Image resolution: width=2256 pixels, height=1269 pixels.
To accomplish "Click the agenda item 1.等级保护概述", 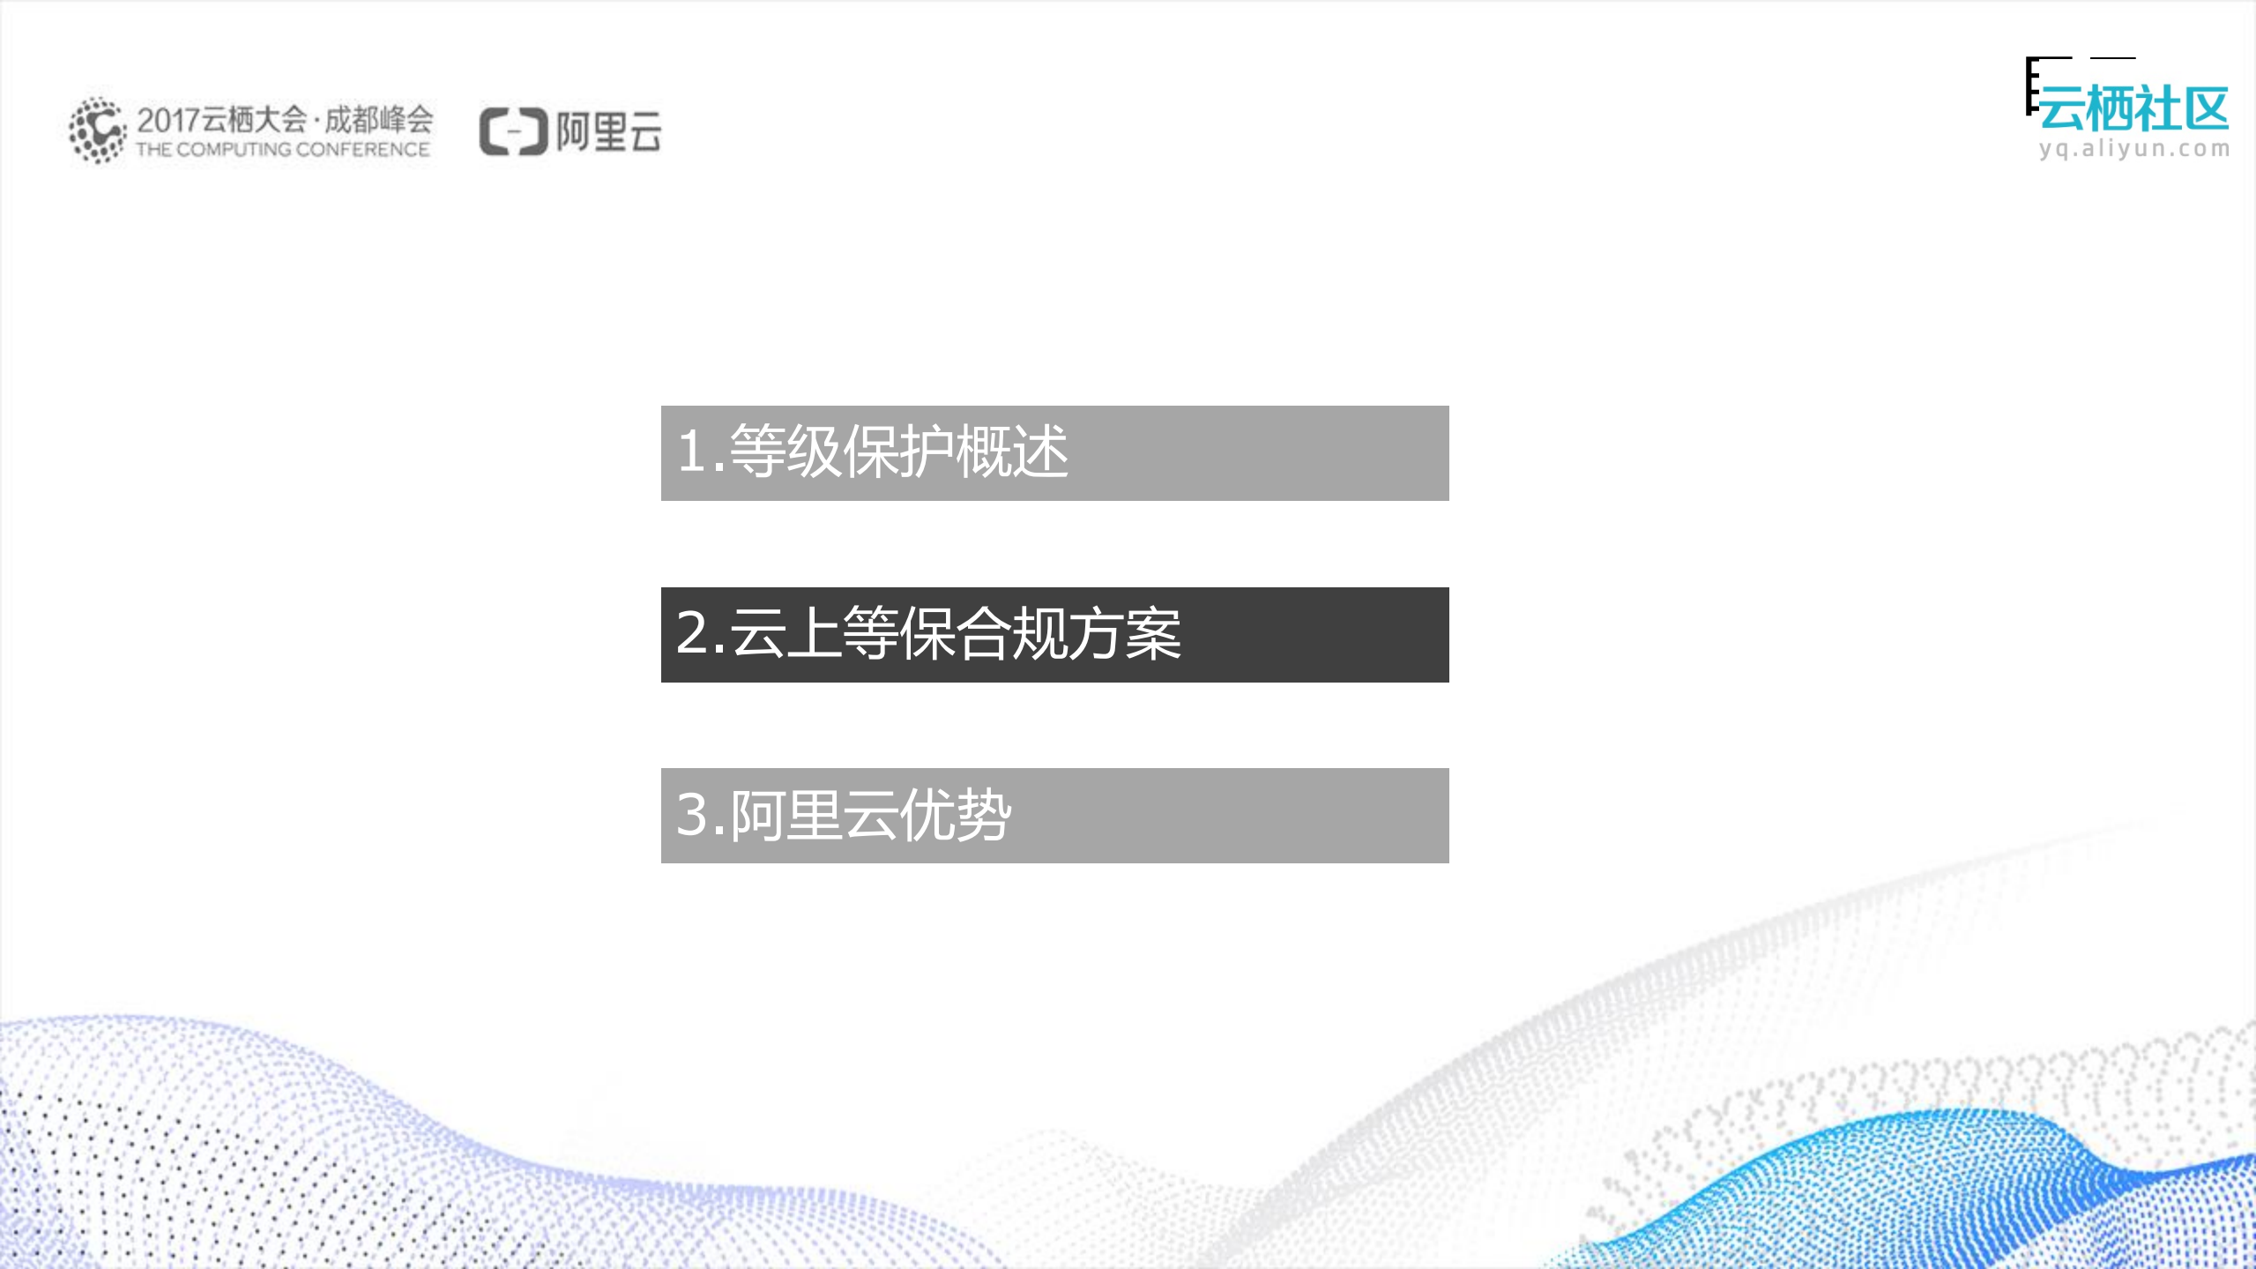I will (1054, 452).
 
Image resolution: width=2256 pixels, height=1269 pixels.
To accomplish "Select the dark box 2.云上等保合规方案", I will (1054, 634).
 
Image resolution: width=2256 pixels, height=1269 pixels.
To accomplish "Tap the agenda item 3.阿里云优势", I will (1054, 815).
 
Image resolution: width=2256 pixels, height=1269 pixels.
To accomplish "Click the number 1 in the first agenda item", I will (693, 451).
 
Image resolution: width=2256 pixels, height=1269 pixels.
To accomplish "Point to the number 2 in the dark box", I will (694, 632).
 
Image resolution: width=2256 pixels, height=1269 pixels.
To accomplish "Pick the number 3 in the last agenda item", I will (694, 814).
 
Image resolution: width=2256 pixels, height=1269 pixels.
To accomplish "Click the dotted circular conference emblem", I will (97, 131).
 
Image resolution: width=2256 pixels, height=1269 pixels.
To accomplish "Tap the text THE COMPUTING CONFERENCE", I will (282, 150).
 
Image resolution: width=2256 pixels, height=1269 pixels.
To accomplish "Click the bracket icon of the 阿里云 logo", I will (513, 132).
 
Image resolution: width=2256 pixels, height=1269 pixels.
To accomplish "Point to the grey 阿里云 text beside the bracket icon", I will (608, 132).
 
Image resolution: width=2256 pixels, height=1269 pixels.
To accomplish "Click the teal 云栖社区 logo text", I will (2133, 109).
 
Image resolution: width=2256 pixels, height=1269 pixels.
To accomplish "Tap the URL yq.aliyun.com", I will (2133, 148).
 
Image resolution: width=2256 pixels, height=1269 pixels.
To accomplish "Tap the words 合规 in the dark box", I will (1012, 633).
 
